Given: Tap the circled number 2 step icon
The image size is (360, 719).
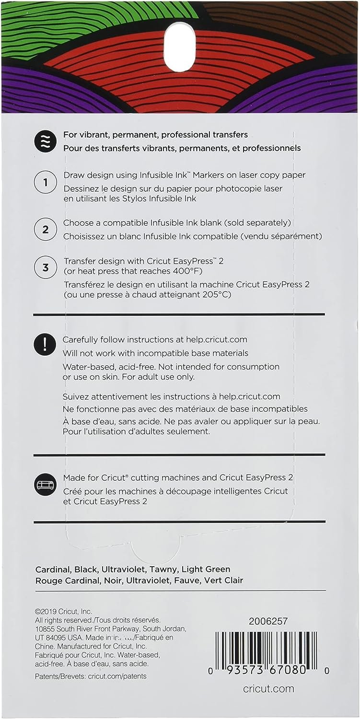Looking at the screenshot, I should click(x=46, y=230).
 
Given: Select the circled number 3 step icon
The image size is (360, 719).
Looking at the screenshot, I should click(x=46, y=267).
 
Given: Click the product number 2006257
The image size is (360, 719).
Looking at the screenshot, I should click(x=268, y=621).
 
